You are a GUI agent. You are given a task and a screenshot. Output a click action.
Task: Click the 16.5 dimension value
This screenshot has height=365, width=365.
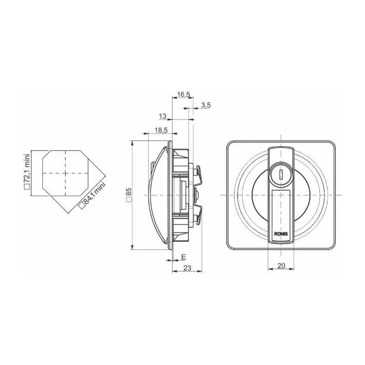click(x=183, y=94)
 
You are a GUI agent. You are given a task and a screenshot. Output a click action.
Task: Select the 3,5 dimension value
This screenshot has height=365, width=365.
click(x=206, y=105)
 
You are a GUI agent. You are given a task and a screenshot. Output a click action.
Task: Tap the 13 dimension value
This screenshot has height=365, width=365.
click(x=162, y=116)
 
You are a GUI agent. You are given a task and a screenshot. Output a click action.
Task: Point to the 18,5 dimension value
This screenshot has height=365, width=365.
click(x=161, y=130)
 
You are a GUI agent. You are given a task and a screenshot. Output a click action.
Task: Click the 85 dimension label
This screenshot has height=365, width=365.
click(x=129, y=192)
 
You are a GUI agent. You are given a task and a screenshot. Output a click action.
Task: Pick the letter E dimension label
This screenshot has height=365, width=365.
click(x=184, y=257)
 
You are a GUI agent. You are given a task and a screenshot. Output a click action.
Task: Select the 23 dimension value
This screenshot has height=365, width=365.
click(x=187, y=268)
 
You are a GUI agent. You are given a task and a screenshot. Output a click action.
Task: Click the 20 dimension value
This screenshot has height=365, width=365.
click(x=281, y=266)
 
